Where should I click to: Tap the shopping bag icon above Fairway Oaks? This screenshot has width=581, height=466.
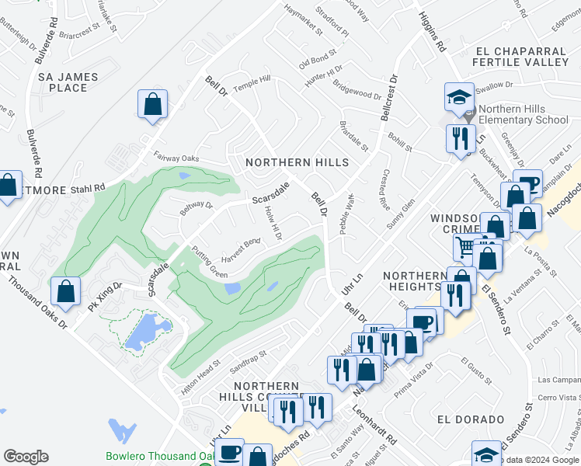point(152,105)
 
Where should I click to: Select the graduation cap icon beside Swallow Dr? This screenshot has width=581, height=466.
point(458,97)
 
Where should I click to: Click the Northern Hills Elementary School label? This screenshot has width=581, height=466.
point(524,115)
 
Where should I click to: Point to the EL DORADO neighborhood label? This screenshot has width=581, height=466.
point(470,419)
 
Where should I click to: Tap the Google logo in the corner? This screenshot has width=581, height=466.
point(26,457)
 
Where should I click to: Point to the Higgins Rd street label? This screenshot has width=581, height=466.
point(431,32)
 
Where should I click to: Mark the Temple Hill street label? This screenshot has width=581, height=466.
point(252,84)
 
